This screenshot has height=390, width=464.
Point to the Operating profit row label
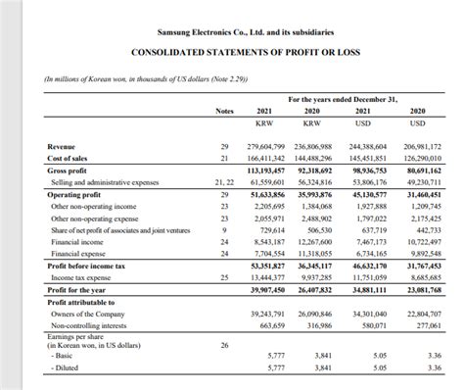[x=75, y=195]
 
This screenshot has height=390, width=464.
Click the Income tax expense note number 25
[x=224, y=276]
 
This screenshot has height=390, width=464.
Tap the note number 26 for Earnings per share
[x=224, y=345]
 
